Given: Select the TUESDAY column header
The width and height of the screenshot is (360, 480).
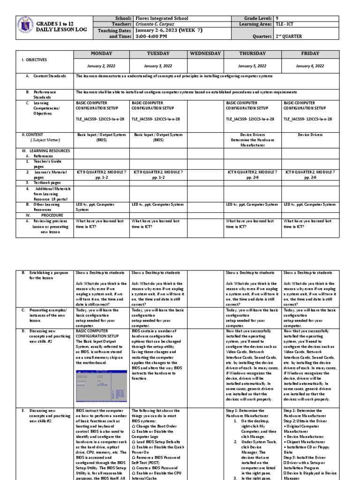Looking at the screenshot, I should (158, 54).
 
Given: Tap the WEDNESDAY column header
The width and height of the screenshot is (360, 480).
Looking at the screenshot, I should (205, 54).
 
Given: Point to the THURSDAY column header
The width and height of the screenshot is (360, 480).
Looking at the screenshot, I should (252, 54).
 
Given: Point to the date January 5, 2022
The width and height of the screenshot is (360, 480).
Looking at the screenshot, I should (252, 67).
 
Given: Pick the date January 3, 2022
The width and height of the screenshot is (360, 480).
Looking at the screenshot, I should (158, 67).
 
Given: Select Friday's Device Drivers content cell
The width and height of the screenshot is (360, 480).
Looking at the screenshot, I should (310, 135).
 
